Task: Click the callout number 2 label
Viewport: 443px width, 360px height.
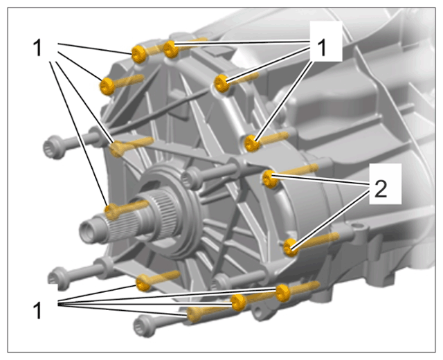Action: (x=381, y=189)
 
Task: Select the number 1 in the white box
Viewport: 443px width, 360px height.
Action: (x=321, y=48)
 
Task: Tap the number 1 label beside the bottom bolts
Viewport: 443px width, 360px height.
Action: (x=37, y=310)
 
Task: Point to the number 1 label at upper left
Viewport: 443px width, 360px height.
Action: (x=37, y=48)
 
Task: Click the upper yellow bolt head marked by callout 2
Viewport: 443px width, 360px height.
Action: (x=270, y=179)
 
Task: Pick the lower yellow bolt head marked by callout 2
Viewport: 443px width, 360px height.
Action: (x=291, y=247)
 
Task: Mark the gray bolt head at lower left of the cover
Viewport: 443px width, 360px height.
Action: (x=59, y=278)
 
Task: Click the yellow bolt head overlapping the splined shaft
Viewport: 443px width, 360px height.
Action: (x=112, y=211)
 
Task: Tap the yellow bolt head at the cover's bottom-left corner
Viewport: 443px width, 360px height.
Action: (x=143, y=283)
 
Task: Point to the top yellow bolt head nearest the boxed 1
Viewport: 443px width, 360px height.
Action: (x=171, y=49)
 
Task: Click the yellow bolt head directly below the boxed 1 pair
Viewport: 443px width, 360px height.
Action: (x=222, y=83)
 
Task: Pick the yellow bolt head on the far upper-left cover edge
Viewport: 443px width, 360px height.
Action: (x=107, y=86)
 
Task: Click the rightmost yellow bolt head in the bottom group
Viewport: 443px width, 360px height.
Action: (x=283, y=293)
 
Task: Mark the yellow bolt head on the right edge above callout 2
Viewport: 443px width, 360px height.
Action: (x=252, y=143)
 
